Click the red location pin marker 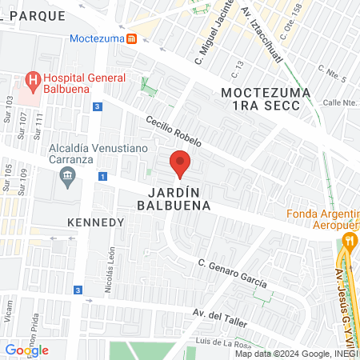(x=181, y=163)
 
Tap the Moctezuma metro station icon (x=131, y=38)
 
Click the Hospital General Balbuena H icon (x=34, y=80)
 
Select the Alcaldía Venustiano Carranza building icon (x=66, y=174)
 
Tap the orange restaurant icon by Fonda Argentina (x=348, y=240)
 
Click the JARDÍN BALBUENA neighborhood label (x=179, y=198)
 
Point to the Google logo (x=26, y=350)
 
